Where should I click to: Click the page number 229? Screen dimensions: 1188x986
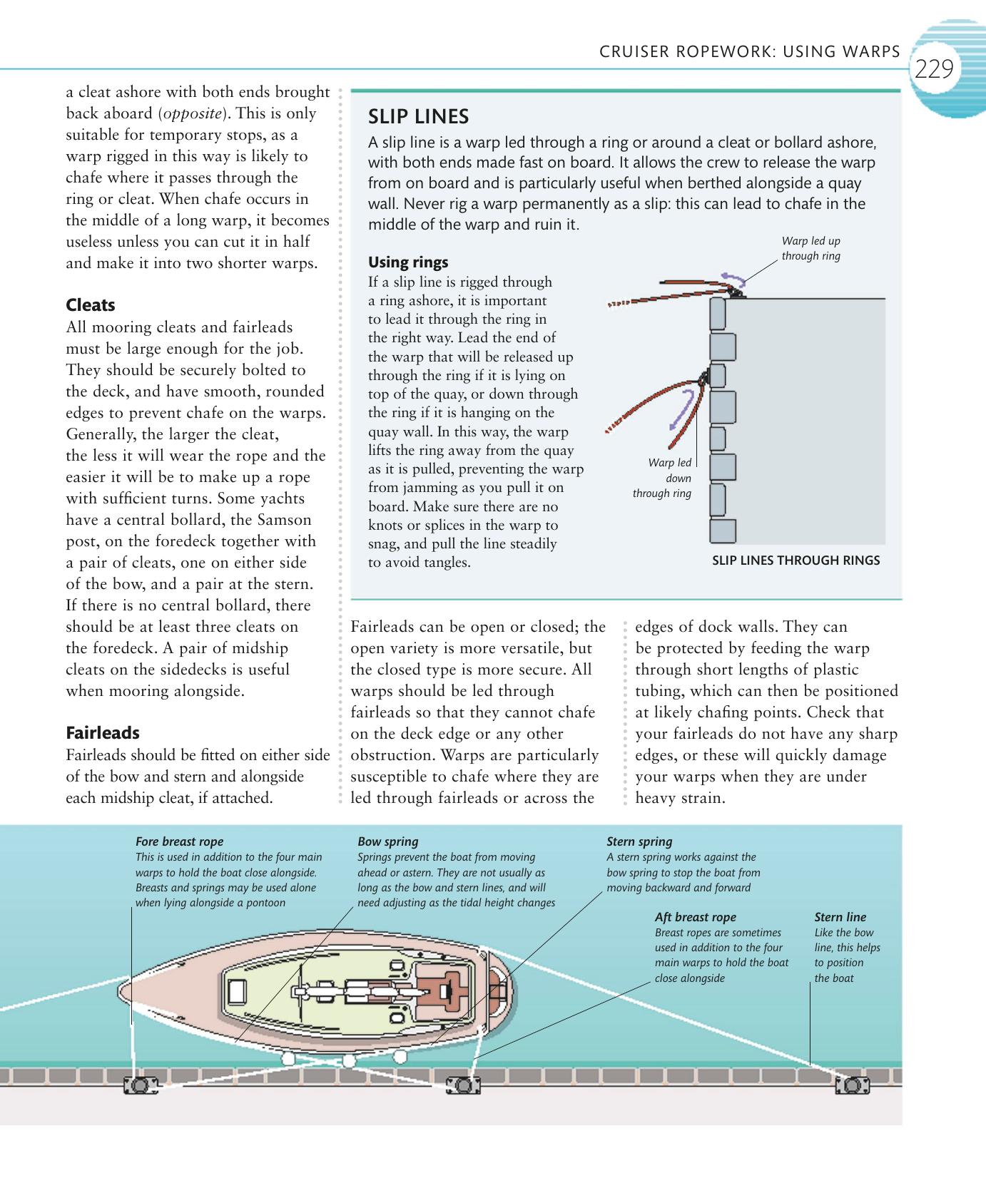[933, 69]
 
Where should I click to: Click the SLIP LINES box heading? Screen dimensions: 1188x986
[418, 116]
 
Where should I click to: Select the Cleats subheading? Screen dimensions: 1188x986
[91, 305]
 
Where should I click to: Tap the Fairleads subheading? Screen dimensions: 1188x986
[103, 733]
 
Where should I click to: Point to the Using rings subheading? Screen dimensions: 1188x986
[408, 262]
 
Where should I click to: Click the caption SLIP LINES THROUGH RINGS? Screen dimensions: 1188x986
[796, 560]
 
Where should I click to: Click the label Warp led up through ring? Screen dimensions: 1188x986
[810, 248]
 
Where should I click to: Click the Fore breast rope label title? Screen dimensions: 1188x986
[179, 841]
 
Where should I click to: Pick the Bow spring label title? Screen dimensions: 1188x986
[387, 841]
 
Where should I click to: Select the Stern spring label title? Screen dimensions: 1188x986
[639, 841]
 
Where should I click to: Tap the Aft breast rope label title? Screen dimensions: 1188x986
[695, 917]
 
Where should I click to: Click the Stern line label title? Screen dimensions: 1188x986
[840, 917]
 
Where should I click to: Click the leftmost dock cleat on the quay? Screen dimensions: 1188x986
[140, 1085]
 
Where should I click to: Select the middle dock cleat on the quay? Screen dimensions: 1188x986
[462, 1085]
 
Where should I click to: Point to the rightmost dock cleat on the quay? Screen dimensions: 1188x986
[852, 1085]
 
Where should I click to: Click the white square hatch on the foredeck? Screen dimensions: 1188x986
[237, 990]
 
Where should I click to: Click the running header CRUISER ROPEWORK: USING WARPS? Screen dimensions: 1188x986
[750, 51]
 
